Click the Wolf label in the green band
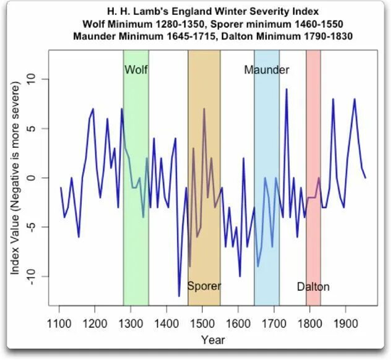point(136,69)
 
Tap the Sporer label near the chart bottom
point(204,286)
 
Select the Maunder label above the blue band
point(266,69)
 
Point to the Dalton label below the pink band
point(313,286)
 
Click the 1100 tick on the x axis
point(60,322)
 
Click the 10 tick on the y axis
point(37,80)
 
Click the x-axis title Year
point(212,340)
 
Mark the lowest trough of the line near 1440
point(179,296)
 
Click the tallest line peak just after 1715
point(286,90)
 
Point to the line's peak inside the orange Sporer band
point(204,109)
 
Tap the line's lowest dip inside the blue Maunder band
point(258,266)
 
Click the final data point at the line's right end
point(365,178)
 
